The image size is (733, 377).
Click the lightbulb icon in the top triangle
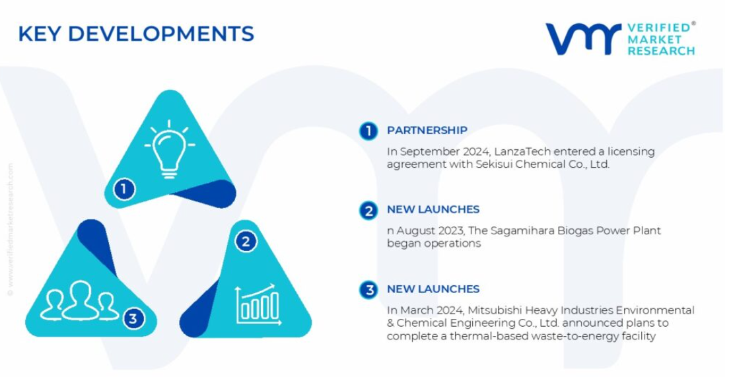click(x=169, y=149)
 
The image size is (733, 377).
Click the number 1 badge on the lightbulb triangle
click(x=124, y=189)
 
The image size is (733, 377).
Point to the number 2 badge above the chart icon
click(x=246, y=242)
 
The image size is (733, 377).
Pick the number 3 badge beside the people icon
click(x=133, y=319)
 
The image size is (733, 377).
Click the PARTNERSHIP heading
click(x=427, y=130)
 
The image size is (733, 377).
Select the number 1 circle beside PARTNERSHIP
click(x=368, y=131)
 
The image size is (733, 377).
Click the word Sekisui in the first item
click(x=494, y=164)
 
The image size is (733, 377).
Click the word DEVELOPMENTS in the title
click(x=161, y=34)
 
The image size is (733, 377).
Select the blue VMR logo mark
click(x=583, y=39)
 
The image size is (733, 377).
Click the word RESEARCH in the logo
click(x=661, y=50)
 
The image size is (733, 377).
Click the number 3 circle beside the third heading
click(x=368, y=290)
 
